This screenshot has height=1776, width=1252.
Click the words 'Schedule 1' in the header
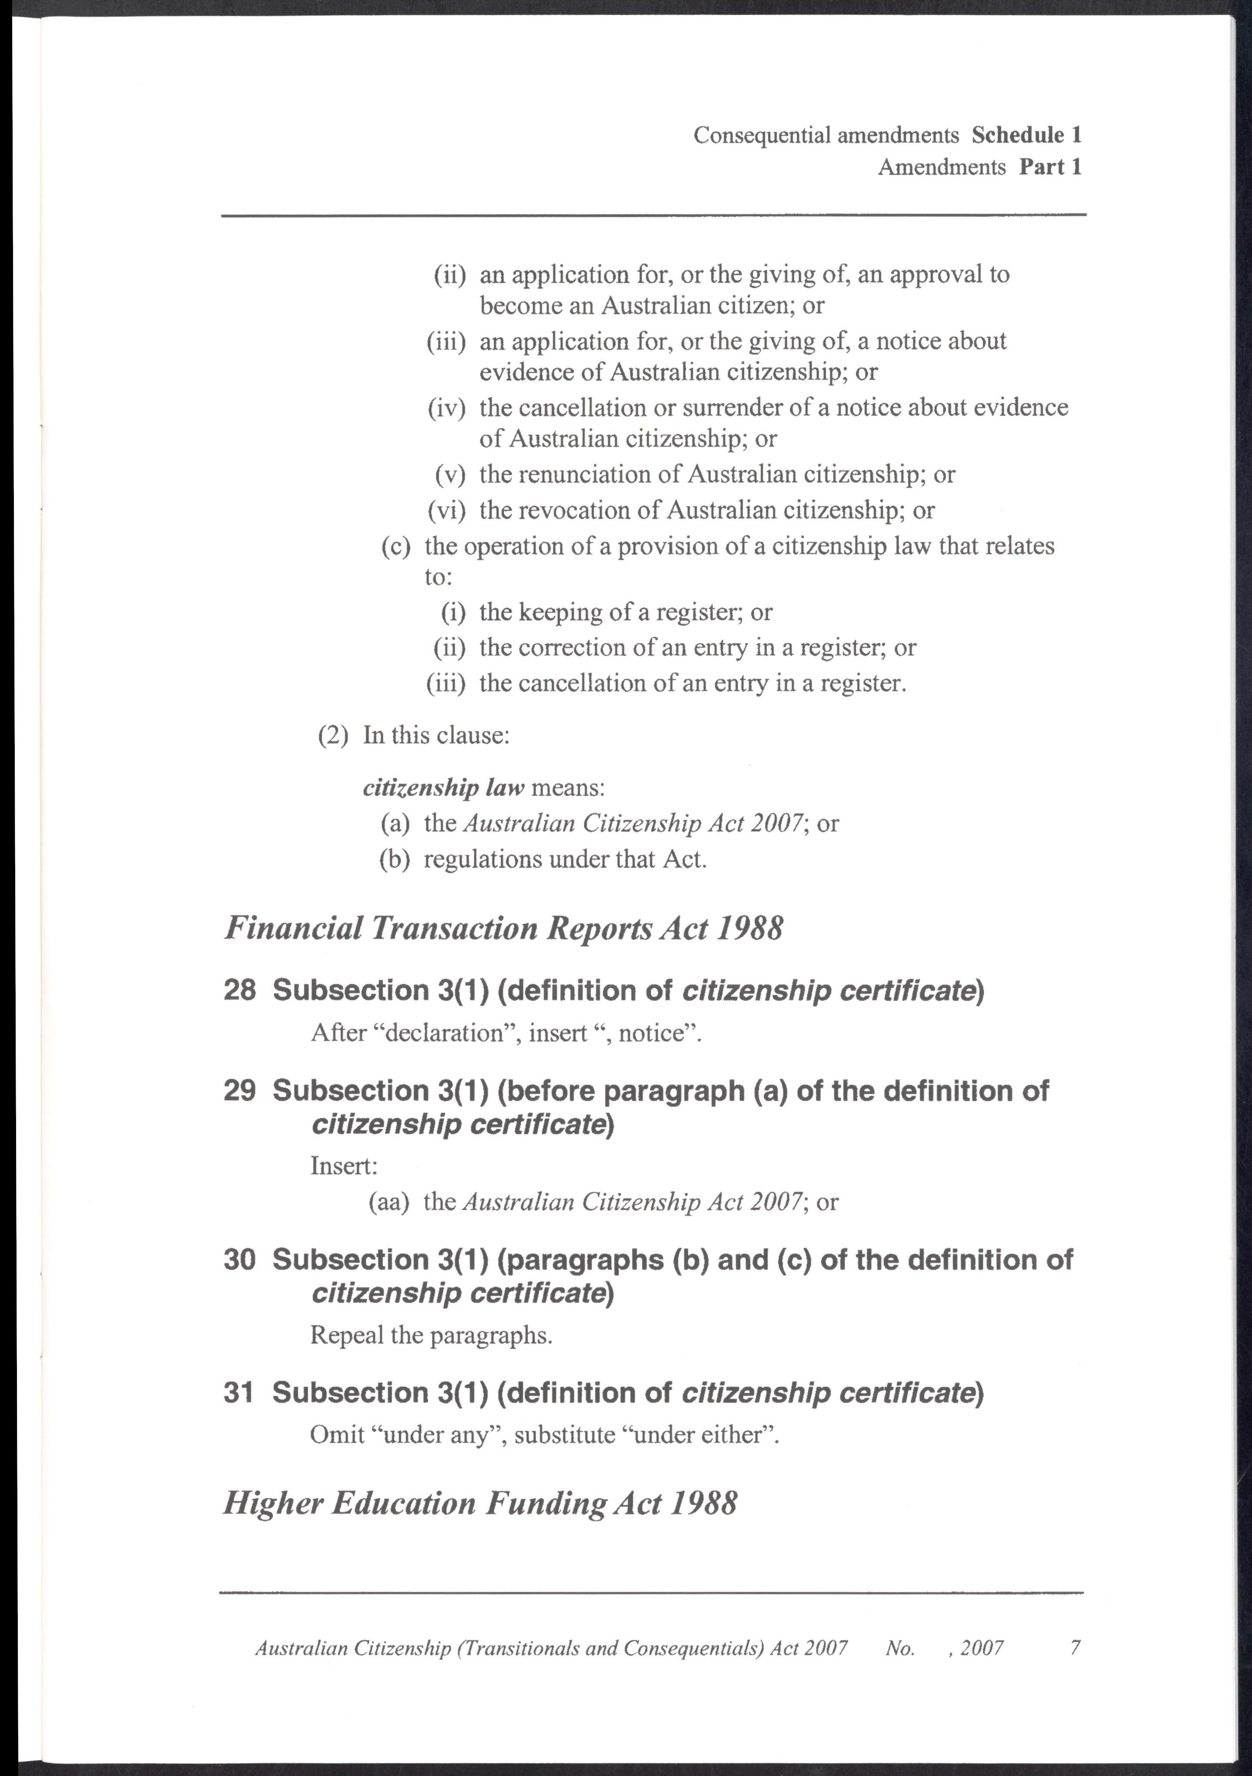[1026, 136]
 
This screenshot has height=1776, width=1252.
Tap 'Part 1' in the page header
[1050, 167]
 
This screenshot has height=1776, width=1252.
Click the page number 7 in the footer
[1075, 1648]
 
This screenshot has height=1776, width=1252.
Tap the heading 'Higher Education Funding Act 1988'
[480, 1503]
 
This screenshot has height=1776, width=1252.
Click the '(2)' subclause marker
[333, 735]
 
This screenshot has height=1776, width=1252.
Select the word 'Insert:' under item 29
[343, 1166]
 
